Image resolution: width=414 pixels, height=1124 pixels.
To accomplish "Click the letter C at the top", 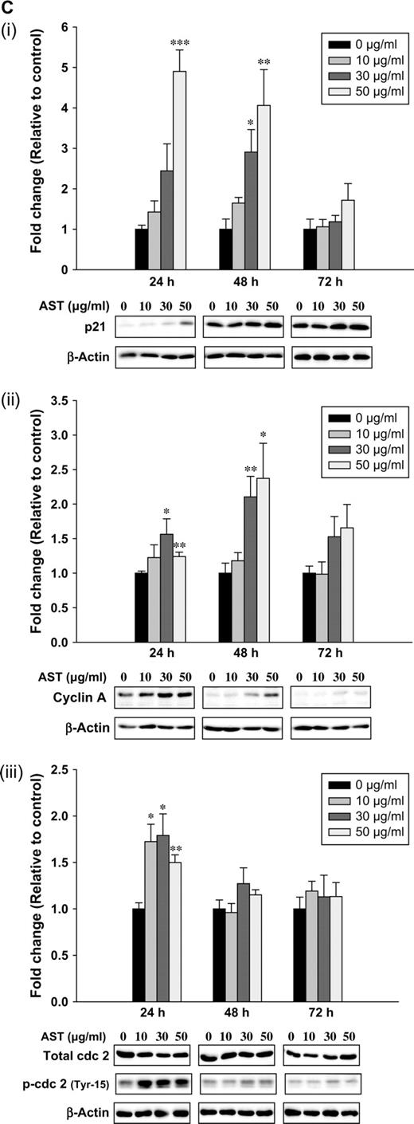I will (7, 7).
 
